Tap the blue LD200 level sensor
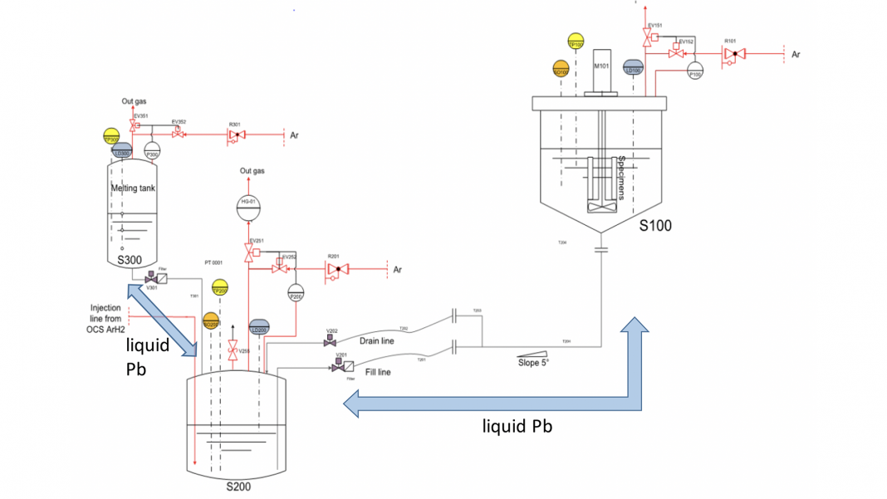click(259, 328)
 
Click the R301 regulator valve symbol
click(236, 135)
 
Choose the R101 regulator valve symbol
click(732, 54)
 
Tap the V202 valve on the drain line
click(331, 341)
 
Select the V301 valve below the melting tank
click(150, 276)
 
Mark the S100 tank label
click(655, 225)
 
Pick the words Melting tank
click(133, 188)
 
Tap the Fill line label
click(375, 372)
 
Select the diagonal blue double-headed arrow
click(163, 319)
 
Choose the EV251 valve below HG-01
click(249, 250)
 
